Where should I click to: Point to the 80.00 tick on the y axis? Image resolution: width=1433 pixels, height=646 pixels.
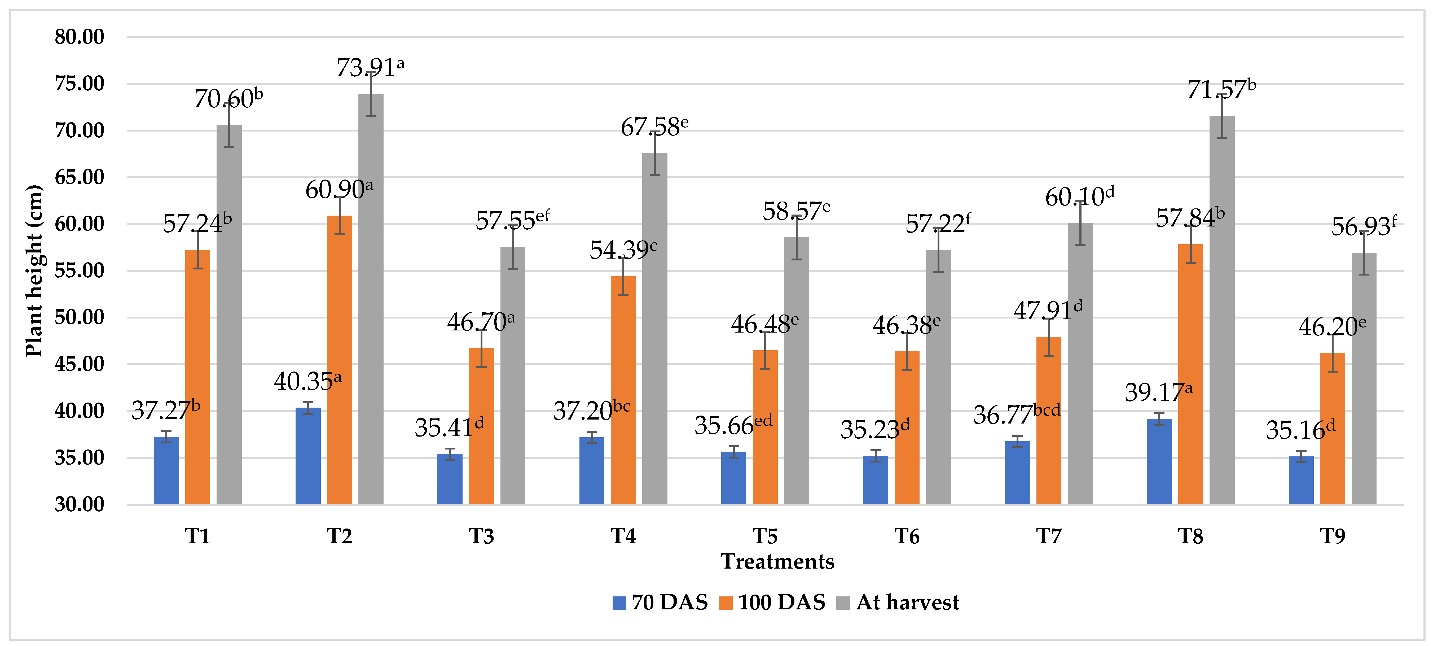tap(80, 37)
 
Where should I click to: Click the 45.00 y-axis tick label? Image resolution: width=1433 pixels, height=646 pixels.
tap(80, 364)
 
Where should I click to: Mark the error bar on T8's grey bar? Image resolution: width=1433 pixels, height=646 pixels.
tap(1222, 116)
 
